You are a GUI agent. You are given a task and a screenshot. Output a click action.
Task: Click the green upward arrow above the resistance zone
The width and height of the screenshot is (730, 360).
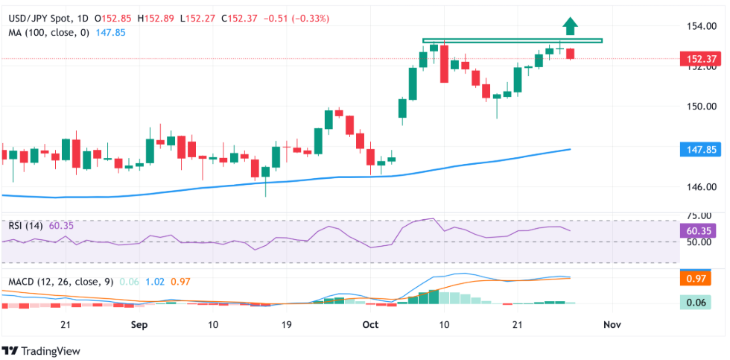click(571, 26)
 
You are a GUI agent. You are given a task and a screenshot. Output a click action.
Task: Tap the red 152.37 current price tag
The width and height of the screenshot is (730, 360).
click(702, 59)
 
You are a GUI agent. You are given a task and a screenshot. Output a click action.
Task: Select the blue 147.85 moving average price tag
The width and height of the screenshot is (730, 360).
click(702, 150)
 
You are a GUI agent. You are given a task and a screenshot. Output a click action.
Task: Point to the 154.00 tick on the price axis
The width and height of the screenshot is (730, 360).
click(702, 27)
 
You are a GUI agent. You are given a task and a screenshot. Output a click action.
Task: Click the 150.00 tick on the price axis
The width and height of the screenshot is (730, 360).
click(702, 107)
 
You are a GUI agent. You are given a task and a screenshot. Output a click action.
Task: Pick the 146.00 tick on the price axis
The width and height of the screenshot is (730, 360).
click(702, 187)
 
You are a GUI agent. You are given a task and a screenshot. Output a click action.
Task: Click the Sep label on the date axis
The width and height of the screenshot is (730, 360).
click(139, 325)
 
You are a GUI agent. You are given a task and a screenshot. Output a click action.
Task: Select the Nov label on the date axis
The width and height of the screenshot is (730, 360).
click(612, 325)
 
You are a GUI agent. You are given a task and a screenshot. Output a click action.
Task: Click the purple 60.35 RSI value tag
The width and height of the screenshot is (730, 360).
click(702, 230)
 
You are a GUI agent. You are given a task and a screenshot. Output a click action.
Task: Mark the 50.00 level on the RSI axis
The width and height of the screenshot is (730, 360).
click(702, 242)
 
